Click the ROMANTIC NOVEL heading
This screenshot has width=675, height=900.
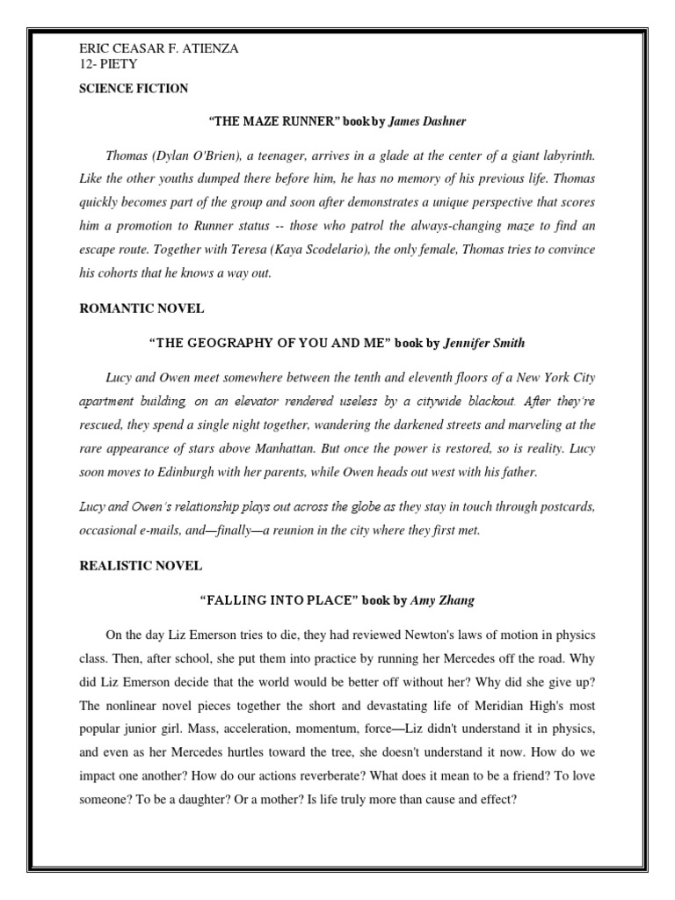pos(129,308)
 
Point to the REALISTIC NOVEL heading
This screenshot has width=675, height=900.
pos(129,565)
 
